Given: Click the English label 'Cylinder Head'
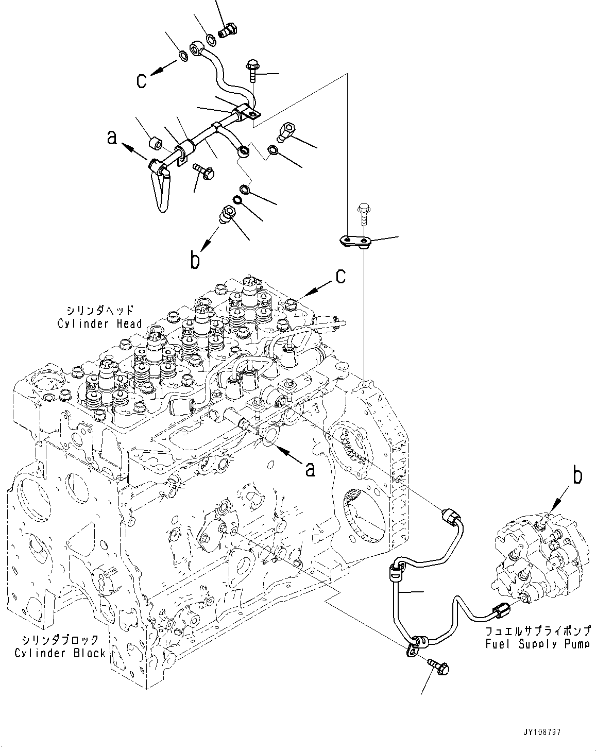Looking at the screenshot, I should (x=99, y=324).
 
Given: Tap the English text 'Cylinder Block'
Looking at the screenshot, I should (x=60, y=653).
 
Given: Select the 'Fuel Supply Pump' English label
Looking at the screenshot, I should (x=537, y=643).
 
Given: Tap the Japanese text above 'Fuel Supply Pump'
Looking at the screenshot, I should (x=537, y=630).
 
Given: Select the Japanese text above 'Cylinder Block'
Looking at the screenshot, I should (x=60, y=640).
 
